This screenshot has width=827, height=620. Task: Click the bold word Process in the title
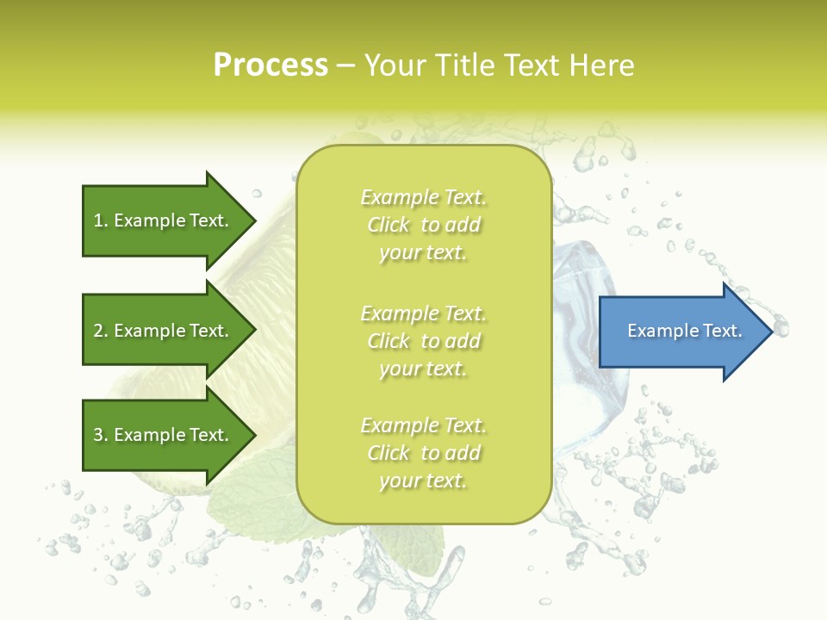270,65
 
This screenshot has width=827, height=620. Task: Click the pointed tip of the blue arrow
768,331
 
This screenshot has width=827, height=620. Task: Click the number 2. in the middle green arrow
101,331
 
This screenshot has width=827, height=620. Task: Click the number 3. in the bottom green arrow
101,435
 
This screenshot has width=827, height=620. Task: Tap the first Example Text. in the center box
423,197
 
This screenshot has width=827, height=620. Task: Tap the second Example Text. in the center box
423,313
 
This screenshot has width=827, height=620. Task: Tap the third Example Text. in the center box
423,425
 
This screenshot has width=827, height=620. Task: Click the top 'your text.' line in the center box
423,253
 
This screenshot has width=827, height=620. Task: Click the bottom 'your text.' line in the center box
423,480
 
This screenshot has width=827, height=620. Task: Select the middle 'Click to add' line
423,341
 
